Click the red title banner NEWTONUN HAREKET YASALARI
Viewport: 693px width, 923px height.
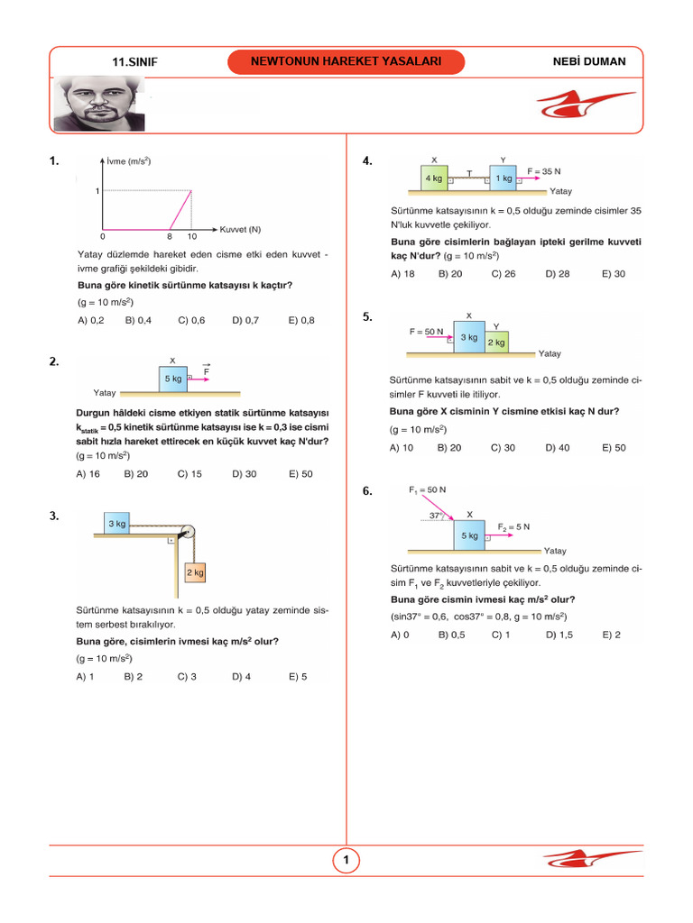click(346, 61)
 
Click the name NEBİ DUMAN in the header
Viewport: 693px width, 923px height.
click(587, 61)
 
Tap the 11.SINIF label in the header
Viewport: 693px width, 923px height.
click(135, 62)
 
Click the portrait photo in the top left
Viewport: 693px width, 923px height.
click(98, 103)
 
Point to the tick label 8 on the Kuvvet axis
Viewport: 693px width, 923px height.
click(170, 236)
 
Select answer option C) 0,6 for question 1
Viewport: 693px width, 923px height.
click(191, 320)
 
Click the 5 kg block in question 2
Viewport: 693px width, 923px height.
click(172, 379)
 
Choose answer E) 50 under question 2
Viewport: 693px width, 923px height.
click(300, 473)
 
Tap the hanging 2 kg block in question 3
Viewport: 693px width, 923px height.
click(195, 572)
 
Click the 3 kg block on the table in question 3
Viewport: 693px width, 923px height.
click(117, 524)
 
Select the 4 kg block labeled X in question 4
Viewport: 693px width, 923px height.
click(434, 178)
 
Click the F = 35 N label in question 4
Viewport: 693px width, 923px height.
click(544, 171)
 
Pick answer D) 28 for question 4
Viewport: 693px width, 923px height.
click(557, 274)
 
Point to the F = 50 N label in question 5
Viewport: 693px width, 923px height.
click(427, 332)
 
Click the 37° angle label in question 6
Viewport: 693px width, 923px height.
click(437, 516)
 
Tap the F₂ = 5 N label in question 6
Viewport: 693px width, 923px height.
click(513, 526)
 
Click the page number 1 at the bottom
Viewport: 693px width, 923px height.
click(346, 862)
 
